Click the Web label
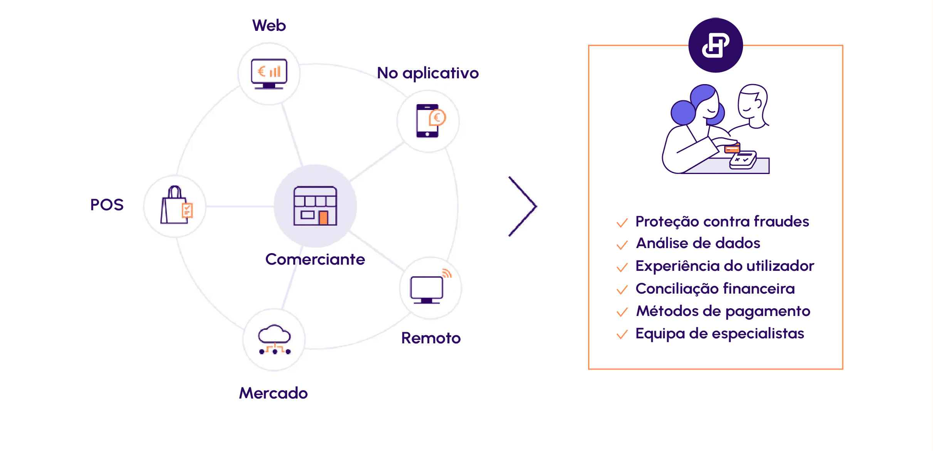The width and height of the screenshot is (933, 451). click(x=269, y=25)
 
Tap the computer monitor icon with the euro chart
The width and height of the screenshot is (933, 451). click(x=269, y=74)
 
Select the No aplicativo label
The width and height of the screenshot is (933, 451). click(x=428, y=73)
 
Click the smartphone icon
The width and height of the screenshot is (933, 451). click(x=427, y=121)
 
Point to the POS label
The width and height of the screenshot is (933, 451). click(x=107, y=204)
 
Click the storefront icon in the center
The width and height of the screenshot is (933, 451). click(x=315, y=206)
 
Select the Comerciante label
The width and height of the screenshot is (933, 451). click(x=315, y=259)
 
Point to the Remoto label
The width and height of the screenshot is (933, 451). click(x=431, y=338)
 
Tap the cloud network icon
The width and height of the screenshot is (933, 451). click(x=275, y=340)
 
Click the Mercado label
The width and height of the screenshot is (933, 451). click(x=273, y=393)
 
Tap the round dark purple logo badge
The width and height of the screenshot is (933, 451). click(x=716, y=45)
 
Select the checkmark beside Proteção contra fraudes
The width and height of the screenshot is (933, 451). click(x=622, y=223)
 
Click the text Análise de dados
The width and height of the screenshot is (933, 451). click(x=698, y=243)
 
